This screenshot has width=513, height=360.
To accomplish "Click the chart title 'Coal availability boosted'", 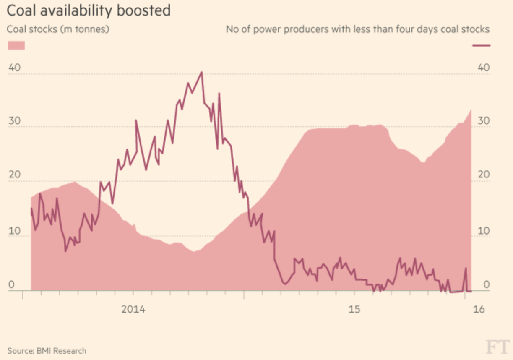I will [89, 11].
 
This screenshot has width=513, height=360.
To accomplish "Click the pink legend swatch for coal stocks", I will [16, 45].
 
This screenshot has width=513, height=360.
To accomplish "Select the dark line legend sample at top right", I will [481, 45].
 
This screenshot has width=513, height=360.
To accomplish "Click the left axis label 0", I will [12, 285].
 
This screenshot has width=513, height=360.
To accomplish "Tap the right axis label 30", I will [484, 121].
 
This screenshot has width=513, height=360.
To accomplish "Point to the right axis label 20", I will [484, 175].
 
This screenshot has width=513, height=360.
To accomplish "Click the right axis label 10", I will [484, 230].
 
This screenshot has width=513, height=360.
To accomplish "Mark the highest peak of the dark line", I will [202, 72].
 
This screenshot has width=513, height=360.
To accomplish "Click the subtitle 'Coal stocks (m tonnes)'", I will [58, 29].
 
